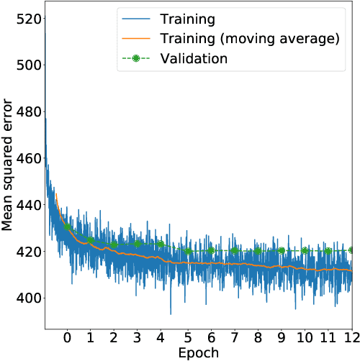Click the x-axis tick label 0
coord(67,337)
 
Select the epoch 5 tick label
coord(186,337)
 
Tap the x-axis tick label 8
coord(257,337)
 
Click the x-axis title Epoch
coord(199,352)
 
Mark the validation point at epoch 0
coord(67,227)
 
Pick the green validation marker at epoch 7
coord(233,251)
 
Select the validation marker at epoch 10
coord(305,251)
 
